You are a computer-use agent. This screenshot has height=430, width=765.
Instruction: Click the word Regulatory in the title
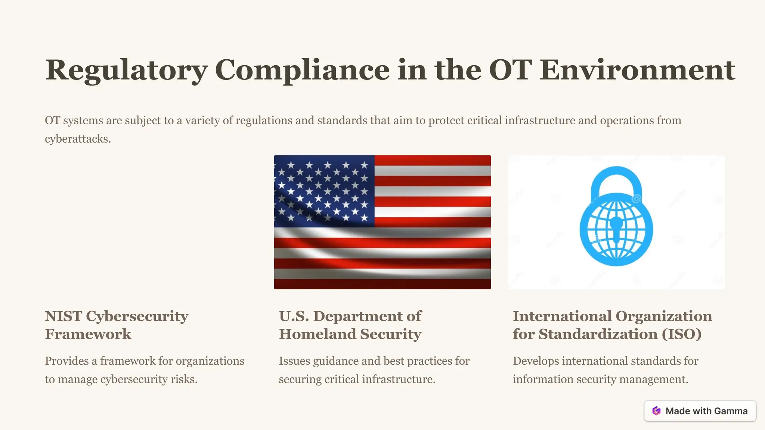coord(126,70)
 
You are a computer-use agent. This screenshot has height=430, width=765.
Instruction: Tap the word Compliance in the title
coord(302,70)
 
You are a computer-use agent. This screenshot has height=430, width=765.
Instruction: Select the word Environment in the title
coord(637,70)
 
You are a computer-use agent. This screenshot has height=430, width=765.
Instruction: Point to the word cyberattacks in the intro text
coord(77,139)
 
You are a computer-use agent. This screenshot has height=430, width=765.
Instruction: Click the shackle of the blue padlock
coord(616,179)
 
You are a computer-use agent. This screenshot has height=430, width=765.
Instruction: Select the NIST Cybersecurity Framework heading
coord(117,325)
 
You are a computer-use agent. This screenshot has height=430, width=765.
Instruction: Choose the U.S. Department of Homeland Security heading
coord(350,325)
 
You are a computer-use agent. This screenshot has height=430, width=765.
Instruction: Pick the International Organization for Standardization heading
coord(612,325)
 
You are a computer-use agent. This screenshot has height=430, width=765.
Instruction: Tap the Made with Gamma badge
coord(700,411)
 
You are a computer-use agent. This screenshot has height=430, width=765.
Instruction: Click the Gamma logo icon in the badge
coord(656,411)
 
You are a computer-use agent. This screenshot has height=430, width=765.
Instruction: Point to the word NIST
coord(64,316)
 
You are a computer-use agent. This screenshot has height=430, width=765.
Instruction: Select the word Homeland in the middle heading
coord(318,334)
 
